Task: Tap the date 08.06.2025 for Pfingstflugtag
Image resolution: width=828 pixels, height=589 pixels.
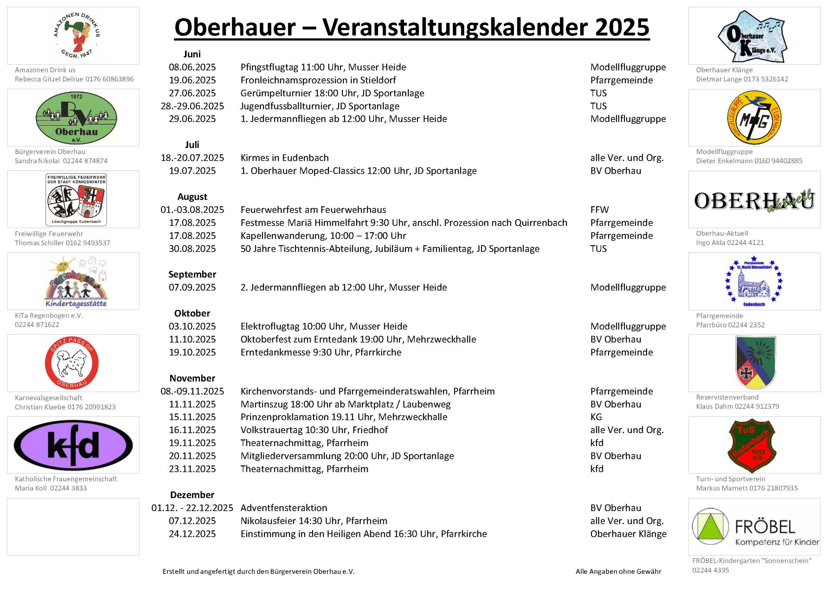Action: [192, 67]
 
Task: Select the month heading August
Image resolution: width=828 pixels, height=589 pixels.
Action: [192, 197]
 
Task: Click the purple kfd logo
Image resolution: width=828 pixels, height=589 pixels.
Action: [73, 445]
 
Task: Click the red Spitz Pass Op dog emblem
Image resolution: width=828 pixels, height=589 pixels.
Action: [72, 363]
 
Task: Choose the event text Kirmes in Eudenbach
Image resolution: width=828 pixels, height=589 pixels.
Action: [284, 158]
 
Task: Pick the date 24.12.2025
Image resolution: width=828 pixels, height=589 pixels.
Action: [192, 534]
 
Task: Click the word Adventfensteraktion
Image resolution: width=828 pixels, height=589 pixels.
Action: [284, 508]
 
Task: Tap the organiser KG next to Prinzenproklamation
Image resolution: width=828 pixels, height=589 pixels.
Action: [596, 417]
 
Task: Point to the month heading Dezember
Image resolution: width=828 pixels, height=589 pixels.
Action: [192, 495]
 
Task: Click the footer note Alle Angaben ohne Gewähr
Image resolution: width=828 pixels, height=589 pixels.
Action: [618, 572]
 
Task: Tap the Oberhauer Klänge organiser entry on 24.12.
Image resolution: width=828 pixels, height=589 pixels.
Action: [628, 534]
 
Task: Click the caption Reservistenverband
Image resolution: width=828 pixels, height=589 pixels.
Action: [727, 397]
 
